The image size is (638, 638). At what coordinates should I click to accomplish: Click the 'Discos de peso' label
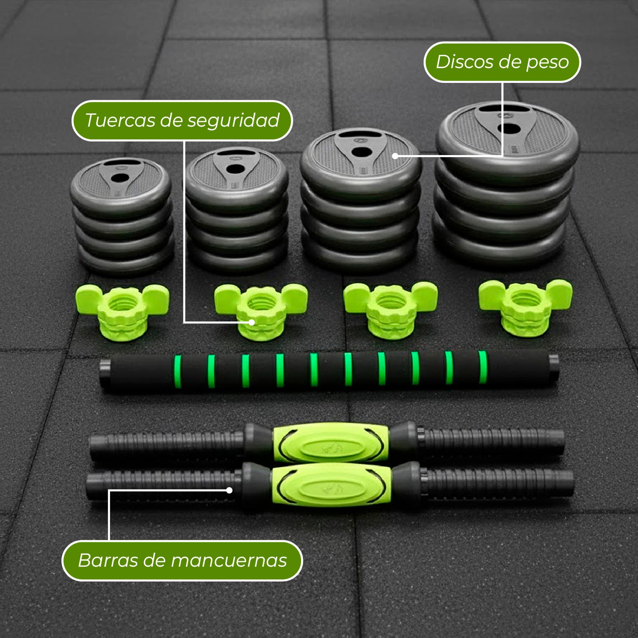502,62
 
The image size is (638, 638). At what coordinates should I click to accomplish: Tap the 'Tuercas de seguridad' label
182,120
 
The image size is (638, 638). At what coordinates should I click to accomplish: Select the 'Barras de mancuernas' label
182,560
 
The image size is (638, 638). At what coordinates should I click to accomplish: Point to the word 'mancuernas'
229,560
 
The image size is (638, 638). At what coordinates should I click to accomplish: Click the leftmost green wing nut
122,310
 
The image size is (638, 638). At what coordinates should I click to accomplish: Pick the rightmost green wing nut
525,307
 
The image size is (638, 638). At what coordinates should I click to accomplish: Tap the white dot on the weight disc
395,156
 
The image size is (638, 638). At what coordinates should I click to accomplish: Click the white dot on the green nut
251,322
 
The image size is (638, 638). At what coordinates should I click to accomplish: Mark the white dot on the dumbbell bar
229,490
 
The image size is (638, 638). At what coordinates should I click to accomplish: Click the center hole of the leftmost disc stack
120,178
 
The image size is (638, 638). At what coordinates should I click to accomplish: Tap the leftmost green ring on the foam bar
178,371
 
